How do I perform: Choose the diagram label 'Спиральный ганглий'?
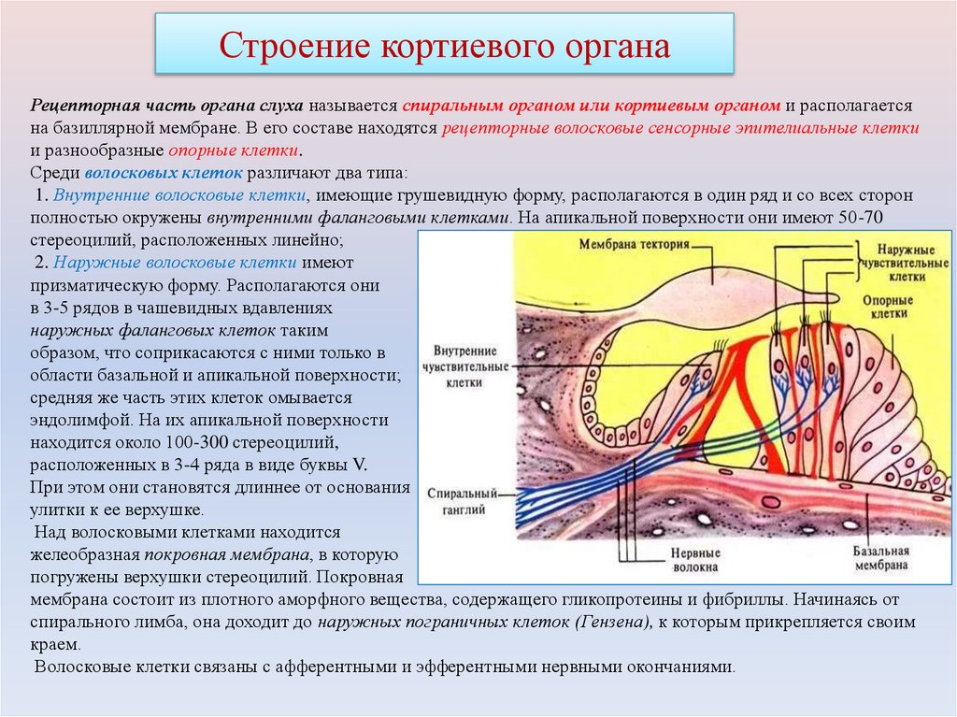(x=458, y=500)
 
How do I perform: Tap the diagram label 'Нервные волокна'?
(x=694, y=559)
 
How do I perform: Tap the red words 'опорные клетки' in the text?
(x=235, y=151)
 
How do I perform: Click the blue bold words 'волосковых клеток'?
(x=164, y=173)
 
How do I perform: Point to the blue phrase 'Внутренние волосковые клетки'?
(x=180, y=195)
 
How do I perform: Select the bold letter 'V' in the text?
(x=360, y=465)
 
